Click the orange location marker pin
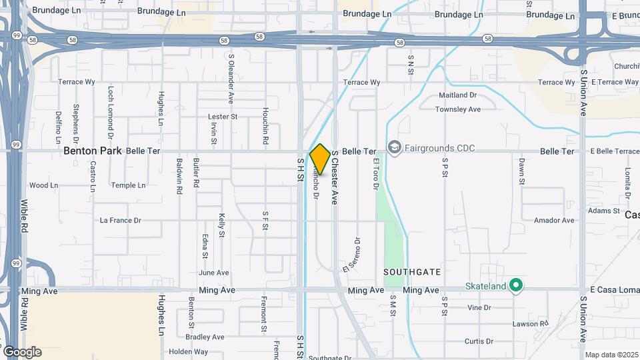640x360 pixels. click(320, 159)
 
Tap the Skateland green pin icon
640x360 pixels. click(515, 285)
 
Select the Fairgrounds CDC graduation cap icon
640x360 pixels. click(394, 147)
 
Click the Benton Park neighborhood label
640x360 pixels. click(93, 151)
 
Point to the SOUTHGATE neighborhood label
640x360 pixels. click(412, 272)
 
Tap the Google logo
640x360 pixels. click(22, 352)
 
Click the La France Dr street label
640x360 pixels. click(120, 220)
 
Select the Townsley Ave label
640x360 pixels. click(458, 109)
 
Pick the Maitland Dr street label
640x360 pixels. click(457, 95)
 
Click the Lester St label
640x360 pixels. click(223, 117)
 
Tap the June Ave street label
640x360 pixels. click(213, 273)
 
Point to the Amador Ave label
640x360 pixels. click(554, 220)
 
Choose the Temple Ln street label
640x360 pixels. click(128, 185)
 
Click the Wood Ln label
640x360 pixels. click(44, 185)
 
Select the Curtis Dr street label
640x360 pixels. click(479, 341)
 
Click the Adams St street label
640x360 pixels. click(604, 211)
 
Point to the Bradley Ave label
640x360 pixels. click(206, 337)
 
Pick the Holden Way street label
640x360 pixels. click(188, 352)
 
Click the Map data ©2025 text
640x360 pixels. click(611, 355)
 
